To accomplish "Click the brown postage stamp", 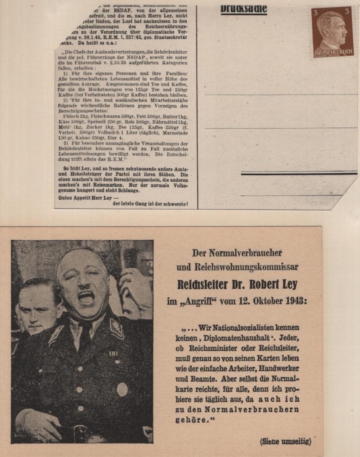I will [333, 32].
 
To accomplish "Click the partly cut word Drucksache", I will [243, 8].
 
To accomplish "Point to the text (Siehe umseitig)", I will [285, 441].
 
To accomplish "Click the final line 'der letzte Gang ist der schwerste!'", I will [150, 204].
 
